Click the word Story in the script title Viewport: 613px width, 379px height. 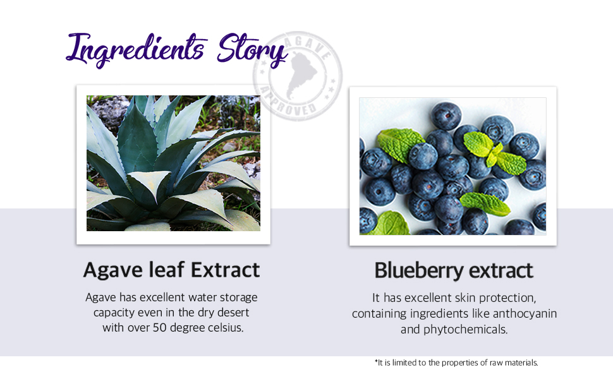click(x=253, y=50)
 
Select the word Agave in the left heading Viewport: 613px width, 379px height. click(x=113, y=270)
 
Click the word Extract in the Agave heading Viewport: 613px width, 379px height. click(x=225, y=270)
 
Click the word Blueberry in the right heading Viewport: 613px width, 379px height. click(x=419, y=271)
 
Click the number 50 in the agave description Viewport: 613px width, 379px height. click(x=159, y=327)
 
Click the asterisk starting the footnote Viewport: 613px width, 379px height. click(x=376, y=361)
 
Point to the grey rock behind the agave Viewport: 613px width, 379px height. click(x=111, y=111)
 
